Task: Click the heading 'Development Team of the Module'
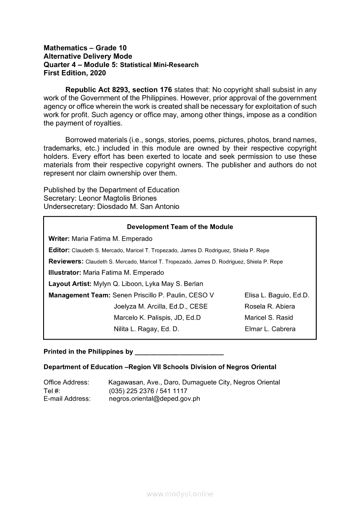tap(180, 227)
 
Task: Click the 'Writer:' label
tap(59, 239)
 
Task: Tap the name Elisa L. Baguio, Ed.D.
tap(277, 295)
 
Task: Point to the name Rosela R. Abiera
tap(269, 307)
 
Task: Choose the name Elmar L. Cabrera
tap(270, 329)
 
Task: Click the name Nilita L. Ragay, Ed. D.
tap(146, 329)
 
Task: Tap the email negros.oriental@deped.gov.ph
tap(154, 398)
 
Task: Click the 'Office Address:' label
tap(66, 382)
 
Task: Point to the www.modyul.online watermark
tap(180, 494)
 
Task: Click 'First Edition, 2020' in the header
tap(75, 73)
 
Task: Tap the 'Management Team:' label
tap(79, 295)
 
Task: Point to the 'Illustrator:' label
tap(65, 273)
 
